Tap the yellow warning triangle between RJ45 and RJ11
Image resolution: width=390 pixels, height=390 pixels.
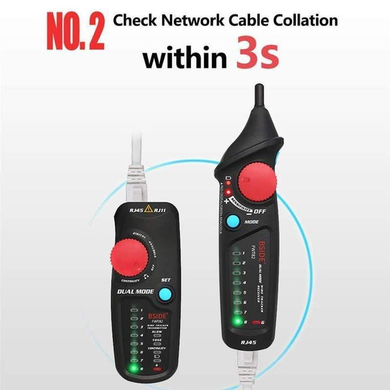coord(150,209)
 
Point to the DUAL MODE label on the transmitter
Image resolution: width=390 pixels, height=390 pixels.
coord(136,292)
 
